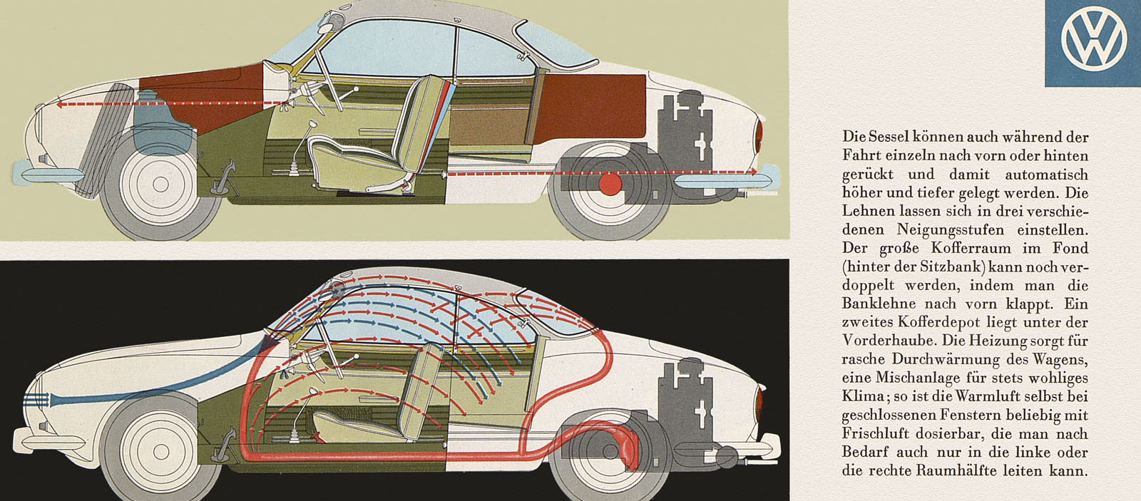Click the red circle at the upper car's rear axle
click(x=610, y=184)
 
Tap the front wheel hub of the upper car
click(x=161, y=185)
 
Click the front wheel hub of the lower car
click(x=161, y=452)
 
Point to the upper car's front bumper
click(x=48, y=172)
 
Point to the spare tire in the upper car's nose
click(x=102, y=140)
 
